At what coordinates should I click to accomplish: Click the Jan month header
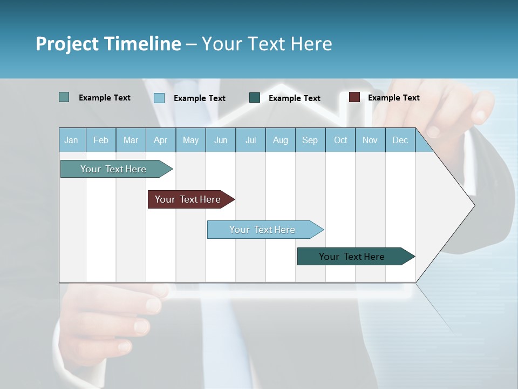point(71,140)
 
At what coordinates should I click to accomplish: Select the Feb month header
point(101,140)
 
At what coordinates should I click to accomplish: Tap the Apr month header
point(160,140)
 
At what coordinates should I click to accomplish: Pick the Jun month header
point(221,140)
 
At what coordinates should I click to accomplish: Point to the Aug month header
point(280,140)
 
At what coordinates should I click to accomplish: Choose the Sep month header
point(310,140)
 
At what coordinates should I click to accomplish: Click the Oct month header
point(340,140)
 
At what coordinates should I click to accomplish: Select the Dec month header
point(400,140)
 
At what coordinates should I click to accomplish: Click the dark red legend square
point(354,97)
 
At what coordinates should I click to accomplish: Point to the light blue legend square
point(159,98)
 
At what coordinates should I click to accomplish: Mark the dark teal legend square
point(255,98)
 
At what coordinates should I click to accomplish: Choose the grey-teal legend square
point(64,97)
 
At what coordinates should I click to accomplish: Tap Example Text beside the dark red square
point(393,98)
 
